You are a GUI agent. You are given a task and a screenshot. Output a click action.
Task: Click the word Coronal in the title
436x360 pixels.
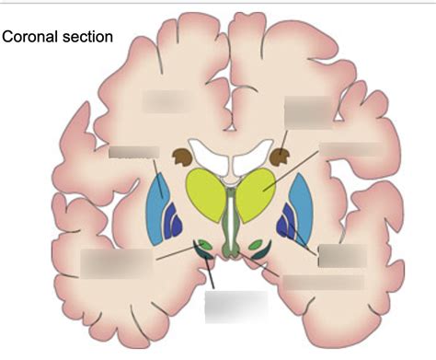pyautogui.click(x=31, y=37)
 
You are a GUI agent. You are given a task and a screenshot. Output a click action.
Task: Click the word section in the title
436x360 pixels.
pyautogui.click(x=87, y=37)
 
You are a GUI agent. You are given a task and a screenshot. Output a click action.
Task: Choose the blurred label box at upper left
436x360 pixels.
pyautogui.click(x=164, y=100)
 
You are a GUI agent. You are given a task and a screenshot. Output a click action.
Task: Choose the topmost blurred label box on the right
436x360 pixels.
pyautogui.click(x=306, y=111)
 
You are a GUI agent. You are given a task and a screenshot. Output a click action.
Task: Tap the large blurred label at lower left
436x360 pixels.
pyautogui.click(x=116, y=262)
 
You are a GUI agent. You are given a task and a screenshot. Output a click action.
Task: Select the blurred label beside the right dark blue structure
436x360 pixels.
pyautogui.click(x=341, y=255)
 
